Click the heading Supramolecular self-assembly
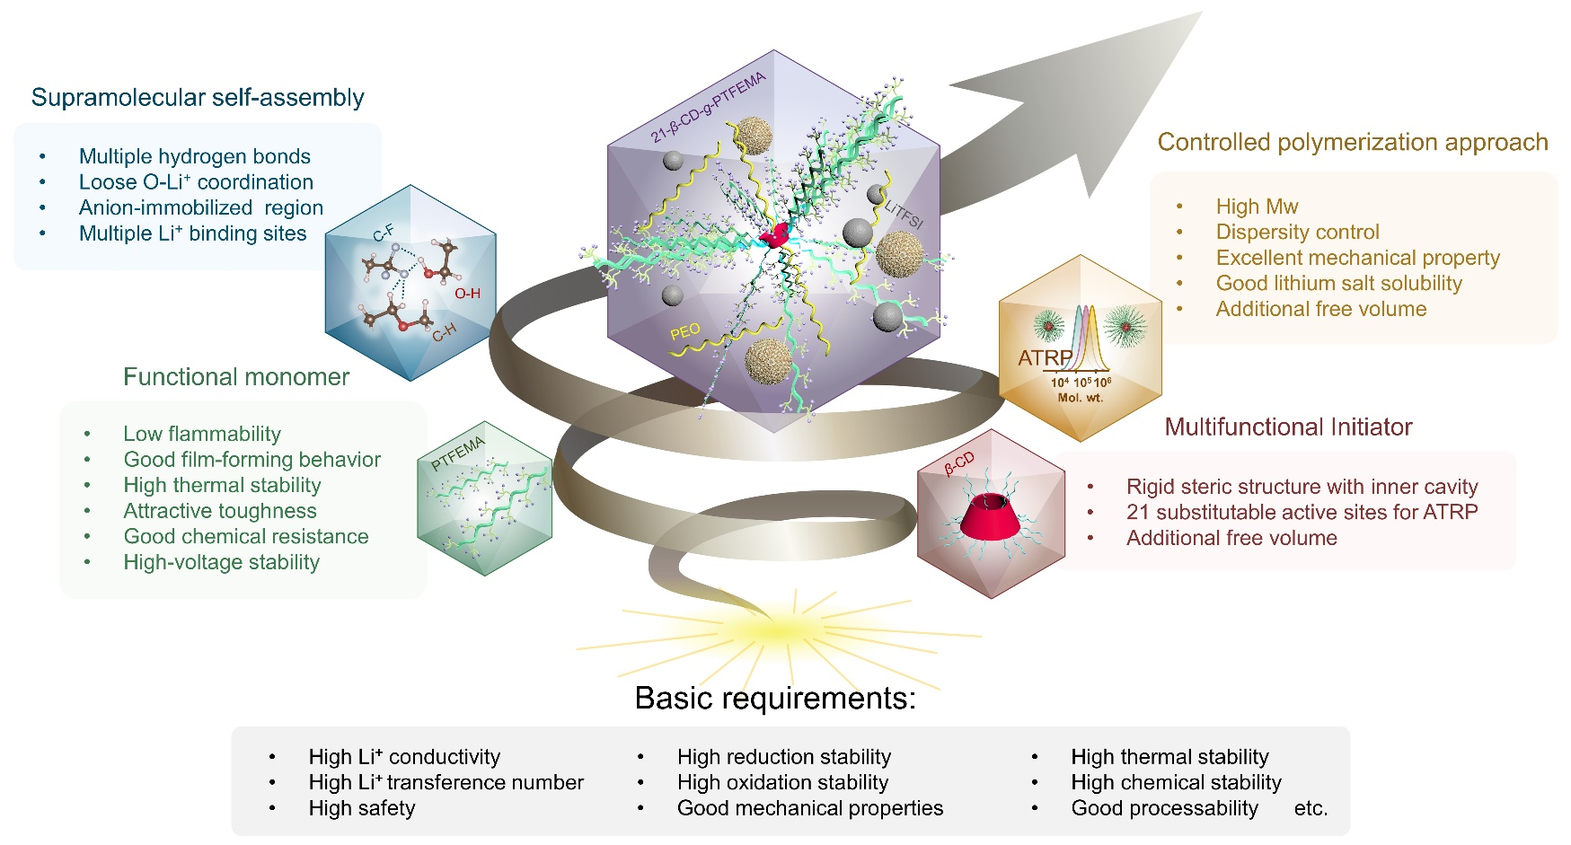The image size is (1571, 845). coord(198,98)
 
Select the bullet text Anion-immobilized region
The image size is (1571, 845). coord(201,207)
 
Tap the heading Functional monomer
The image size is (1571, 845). coord(236,377)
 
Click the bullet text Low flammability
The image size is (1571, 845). coord(202,434)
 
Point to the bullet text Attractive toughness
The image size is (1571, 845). coord(220,511)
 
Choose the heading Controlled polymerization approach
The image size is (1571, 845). coord(1353,143)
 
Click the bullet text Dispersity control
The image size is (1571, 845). coord(1297,232)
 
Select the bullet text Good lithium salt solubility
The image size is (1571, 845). coord(1338,283)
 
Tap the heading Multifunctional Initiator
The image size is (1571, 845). coord(1288,427)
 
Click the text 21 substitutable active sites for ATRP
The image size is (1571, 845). coord(1302,512)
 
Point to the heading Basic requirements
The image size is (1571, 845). coord(775,699)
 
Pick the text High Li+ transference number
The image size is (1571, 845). coord(446,782)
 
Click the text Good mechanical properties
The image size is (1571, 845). coord(810,808)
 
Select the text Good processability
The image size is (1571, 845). coord(1164,808)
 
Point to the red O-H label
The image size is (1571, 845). coord(467,294)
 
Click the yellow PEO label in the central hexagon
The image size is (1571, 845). coord(684,332)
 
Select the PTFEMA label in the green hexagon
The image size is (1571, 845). coord(457,453)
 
